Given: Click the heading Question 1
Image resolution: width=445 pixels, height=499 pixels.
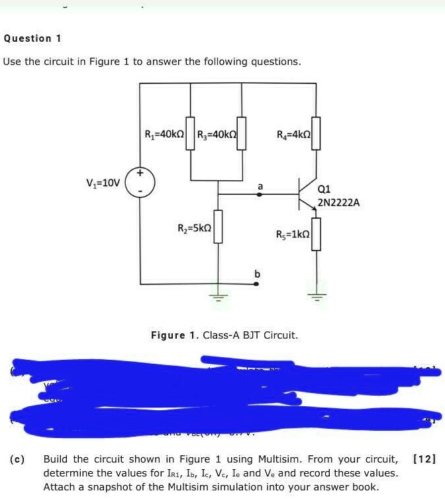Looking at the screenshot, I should pos(32,38).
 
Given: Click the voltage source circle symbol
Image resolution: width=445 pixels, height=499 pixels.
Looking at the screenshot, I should pos(140,182).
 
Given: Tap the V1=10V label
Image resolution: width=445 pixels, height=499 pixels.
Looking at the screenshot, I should pos(103,183).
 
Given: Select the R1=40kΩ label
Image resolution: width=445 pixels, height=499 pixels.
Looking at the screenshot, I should pos(165,135).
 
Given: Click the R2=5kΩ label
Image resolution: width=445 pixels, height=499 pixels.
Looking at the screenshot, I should pos(195,229).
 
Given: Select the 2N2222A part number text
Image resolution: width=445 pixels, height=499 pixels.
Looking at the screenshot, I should pos(339,203).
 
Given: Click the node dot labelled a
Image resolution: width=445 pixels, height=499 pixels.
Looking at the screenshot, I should pos(259,195).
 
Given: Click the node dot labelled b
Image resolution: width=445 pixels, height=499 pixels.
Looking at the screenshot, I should pos(258,283).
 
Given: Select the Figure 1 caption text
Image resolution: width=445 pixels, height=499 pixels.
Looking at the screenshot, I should pos(224,335).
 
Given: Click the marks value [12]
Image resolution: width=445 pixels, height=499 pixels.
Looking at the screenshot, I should pos(424,459).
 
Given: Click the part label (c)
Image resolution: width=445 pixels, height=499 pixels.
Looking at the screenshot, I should pos(18,459).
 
